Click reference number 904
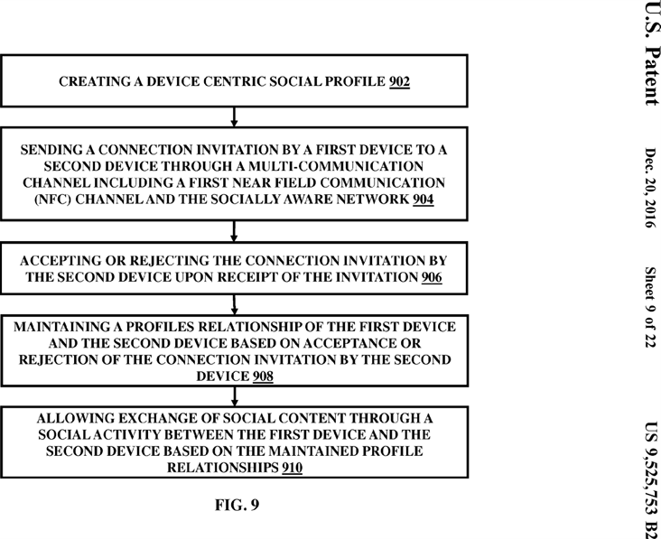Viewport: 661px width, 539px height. pos(422,200)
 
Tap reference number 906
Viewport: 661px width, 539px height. pos(431,278)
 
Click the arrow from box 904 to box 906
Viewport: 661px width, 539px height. pos(235,230)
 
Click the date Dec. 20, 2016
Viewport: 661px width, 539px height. pos(649,187)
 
